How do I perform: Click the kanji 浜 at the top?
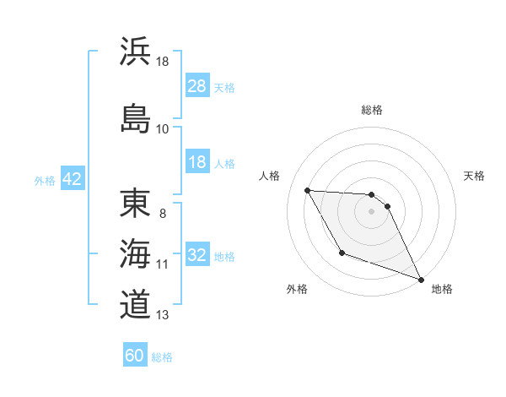[135, 52]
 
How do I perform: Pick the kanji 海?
[135, 254]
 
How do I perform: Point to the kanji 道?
[135, 304]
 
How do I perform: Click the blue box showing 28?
[197, 86]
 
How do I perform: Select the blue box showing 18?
[197, 162]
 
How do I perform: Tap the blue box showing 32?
[197, 255]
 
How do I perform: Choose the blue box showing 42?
[72, 179]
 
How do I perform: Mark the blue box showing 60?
[135, 356]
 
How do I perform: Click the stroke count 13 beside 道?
[162, 316]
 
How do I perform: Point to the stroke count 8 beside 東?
[162, 214]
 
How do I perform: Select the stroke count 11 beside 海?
[162, 264]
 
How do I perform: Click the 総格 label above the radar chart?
[372, 110]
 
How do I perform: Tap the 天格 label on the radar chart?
[475, 176]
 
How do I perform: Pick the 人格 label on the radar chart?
[270, 176]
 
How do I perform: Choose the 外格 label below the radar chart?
[297, 289]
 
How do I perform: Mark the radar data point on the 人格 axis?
[307, 190]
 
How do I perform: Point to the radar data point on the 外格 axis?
[342, 253]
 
